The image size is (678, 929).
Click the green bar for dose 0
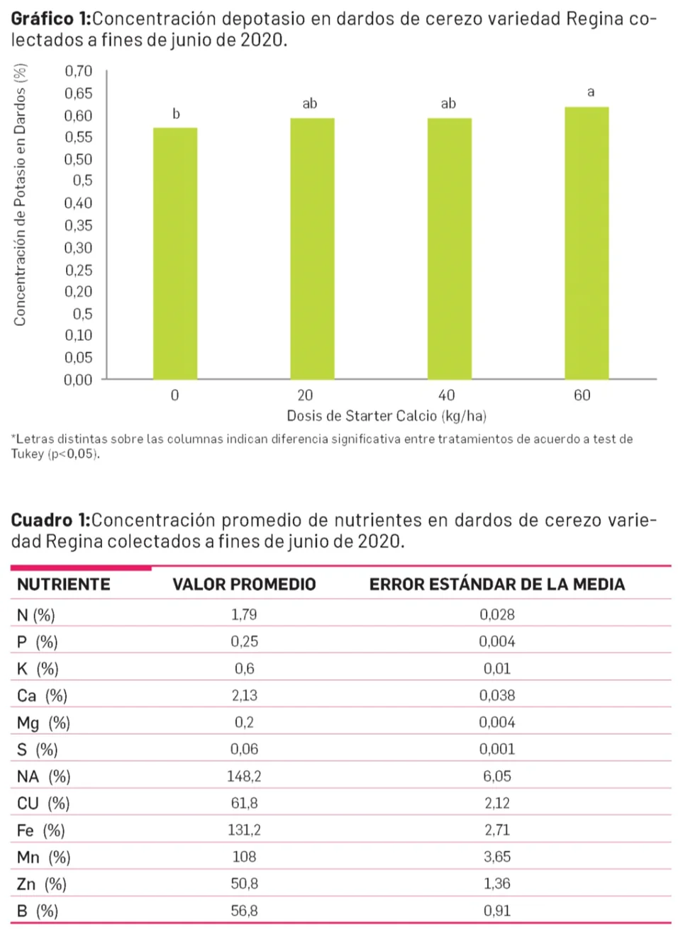175,254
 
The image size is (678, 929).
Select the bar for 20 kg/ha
312,249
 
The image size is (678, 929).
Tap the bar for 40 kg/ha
449,249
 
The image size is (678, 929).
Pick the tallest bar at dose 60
587,243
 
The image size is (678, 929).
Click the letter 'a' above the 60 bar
591,92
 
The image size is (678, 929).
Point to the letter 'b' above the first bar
176,114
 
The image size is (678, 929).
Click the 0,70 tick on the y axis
78,71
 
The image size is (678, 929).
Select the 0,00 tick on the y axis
78,380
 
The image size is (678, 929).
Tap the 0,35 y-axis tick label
78,225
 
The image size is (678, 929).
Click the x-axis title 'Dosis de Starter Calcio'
386,415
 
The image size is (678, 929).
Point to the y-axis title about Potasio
21,195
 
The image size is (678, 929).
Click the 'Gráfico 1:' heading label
50,19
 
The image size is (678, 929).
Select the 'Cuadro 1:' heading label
50,520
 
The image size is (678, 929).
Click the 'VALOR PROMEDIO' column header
244,585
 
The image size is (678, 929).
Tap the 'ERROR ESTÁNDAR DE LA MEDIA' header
496,585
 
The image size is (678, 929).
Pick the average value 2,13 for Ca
245,695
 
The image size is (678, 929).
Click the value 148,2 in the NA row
244,776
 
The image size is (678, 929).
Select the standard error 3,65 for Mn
497,857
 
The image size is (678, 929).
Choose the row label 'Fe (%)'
41,830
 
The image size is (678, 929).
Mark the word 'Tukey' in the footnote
28,454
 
